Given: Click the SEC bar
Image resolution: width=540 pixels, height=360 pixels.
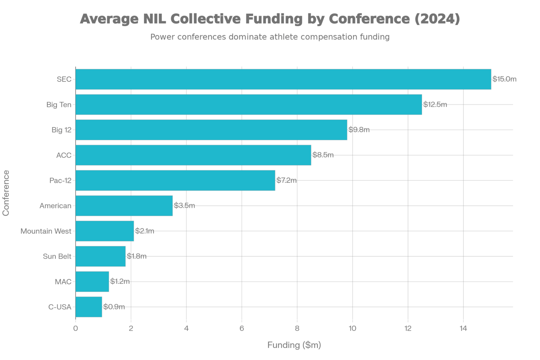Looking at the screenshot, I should tap(283, 79).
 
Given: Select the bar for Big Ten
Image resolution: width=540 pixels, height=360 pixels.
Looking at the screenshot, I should tap(249, 105).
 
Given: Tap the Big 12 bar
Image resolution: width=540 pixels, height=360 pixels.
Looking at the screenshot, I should tap(211, 130).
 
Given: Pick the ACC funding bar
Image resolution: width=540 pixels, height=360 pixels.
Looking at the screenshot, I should tap(193, 155).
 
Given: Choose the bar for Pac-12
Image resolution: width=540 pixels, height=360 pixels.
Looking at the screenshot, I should tap(175, 181).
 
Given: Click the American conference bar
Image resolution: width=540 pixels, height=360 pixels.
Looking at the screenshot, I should tap(124, 206).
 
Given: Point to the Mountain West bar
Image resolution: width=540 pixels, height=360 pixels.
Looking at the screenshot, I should tap(105, 231).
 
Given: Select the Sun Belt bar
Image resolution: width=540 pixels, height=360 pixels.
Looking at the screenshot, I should tap(101, 256).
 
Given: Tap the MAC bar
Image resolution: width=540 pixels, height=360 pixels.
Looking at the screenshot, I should tap(92, 282).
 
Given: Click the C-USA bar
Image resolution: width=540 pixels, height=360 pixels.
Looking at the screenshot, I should tap(89, 307).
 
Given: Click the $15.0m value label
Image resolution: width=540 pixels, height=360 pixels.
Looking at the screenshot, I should tap(505, 79).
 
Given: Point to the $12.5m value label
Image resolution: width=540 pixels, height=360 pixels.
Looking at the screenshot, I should tap(435, 105).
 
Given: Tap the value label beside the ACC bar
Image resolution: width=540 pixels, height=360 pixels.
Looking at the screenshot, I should tap(323, 155).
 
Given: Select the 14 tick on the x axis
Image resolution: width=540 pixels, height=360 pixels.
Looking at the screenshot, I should tap(463, 328).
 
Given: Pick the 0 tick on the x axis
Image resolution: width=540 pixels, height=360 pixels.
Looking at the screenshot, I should tap(75, 328).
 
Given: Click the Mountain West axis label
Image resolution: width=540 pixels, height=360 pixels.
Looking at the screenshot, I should tap(46, 231).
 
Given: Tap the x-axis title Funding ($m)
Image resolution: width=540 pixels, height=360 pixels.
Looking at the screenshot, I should tap(294, 345).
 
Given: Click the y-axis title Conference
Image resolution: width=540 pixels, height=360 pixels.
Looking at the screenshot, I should tap(6, 193).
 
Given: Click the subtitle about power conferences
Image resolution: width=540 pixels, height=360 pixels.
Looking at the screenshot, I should tap(270, 37).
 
